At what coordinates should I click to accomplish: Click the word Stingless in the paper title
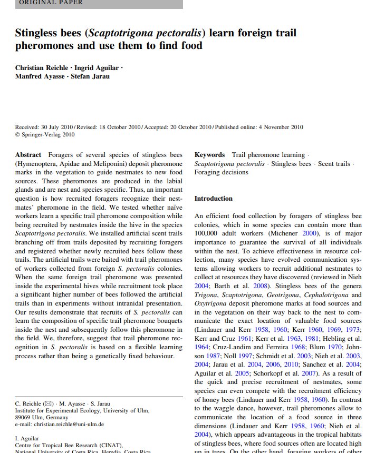(41, 33)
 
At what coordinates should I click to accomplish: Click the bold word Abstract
(28, 155)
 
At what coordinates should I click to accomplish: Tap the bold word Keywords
(209, 155)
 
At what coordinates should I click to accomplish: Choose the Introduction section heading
(213, 199)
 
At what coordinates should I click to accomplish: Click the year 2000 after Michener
(311, 233)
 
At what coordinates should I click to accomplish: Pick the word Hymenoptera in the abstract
(37, 164)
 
